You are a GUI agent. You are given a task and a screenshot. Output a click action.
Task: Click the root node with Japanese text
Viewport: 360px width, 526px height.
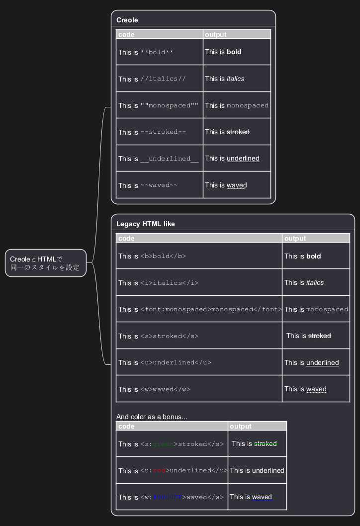45,263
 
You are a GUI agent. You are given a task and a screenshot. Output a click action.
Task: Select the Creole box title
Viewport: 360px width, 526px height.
127,20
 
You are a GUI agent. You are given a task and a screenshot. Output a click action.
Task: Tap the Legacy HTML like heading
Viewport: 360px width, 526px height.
145,224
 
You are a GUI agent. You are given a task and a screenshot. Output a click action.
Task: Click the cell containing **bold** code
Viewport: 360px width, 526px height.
159,52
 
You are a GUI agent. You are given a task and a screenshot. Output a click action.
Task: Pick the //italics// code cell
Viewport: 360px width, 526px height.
159,79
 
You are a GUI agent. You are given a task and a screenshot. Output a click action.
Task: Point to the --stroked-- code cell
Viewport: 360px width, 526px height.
159,132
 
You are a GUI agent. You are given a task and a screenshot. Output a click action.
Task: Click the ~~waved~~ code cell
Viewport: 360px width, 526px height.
159,185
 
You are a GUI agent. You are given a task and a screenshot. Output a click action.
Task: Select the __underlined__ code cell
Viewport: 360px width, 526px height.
159,159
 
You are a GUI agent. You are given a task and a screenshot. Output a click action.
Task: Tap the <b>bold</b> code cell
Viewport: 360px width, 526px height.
198,256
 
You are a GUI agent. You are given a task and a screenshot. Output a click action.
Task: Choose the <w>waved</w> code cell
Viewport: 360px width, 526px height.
198,389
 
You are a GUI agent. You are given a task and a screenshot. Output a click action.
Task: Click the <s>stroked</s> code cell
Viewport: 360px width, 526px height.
198,336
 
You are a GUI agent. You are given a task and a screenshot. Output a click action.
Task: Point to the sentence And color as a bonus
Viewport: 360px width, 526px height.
152,417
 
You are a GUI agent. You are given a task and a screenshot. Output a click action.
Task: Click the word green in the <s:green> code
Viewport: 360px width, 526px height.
163,444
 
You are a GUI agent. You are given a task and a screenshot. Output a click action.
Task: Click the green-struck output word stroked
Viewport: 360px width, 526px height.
265,443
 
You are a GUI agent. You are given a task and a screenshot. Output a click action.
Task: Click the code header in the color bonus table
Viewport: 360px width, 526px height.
126,426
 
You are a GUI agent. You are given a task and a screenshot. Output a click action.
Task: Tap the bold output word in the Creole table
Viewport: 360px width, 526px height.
234,52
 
